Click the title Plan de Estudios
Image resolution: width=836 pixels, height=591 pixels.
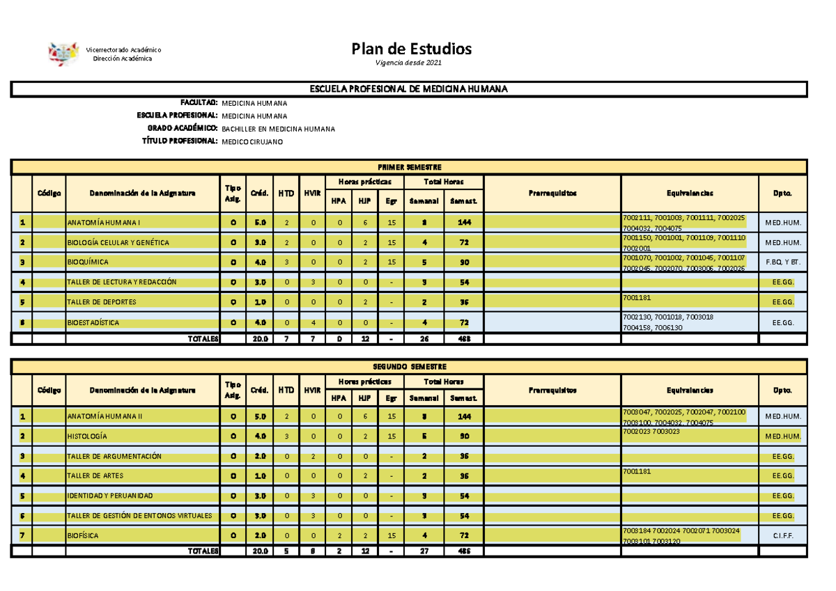[411, 49]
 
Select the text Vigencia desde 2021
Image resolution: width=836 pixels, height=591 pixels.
[408, 63]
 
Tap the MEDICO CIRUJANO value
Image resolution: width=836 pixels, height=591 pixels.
[252, 142]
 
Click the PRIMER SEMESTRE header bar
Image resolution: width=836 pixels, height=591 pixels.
[410, 167]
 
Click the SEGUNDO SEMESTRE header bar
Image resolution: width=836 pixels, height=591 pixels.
[410, 367]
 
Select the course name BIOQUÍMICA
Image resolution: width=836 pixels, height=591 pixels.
[88, 262]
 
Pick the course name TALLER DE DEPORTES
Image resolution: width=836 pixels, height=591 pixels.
[101, 303]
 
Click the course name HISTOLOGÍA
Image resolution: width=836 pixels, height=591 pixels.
[87, 436]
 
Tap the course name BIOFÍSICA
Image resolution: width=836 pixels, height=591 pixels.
[83, 536]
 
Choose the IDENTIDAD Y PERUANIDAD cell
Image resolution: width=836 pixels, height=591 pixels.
[109, 496]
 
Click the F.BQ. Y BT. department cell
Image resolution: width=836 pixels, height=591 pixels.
[782, 262]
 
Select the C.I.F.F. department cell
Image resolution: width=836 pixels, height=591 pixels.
[782, 536]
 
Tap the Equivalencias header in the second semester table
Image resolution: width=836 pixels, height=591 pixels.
[689, 391]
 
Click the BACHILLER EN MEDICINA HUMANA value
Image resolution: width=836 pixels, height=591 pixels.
[278, 129]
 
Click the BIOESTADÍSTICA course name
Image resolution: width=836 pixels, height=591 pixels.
[93, 323]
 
